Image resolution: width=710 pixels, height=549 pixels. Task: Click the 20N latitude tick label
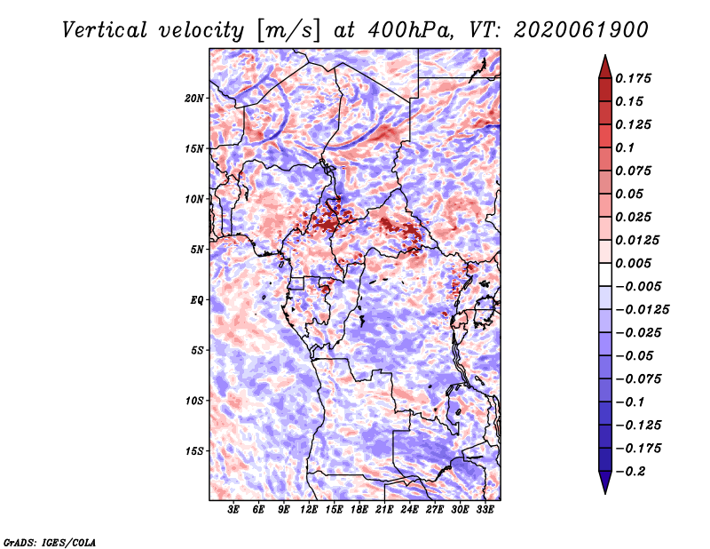[x=194, y=99]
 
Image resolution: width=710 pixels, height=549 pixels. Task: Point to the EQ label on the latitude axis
[x=197, y=300]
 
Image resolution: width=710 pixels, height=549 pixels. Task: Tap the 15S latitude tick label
[x=194, y=451]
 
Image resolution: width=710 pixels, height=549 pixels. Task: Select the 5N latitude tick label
[x=197, y=250]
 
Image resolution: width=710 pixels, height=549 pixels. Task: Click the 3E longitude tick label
[x=233, y=510]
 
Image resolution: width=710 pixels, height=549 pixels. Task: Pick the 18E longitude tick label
[x=359, y=510]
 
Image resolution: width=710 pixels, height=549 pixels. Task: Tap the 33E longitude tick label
[x=485, y=510]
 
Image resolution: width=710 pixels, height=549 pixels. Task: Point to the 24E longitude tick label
[x=409, y=510]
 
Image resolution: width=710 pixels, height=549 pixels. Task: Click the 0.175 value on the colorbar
[x=633, y=78]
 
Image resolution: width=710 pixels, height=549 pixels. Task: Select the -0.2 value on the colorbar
[x=630, y=472]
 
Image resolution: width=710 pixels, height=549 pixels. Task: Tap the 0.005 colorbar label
[x=633, y=263]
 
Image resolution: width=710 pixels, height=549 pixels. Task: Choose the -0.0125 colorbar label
[x=642, y=310]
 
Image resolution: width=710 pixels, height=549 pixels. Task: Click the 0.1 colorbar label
[x=625, y=147]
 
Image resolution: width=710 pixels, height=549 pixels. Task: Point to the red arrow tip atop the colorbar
[x=605, y=55]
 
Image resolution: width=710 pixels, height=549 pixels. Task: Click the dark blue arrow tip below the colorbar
[x=605, y=493]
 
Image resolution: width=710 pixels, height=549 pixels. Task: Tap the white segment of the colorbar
[x=605, y=274]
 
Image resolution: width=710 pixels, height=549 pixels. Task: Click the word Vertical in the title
[x=105, y=30]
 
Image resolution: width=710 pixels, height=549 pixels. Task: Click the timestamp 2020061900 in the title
[x=581, y=30]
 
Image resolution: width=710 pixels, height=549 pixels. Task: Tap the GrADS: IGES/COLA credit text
[x=50, y=543]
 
